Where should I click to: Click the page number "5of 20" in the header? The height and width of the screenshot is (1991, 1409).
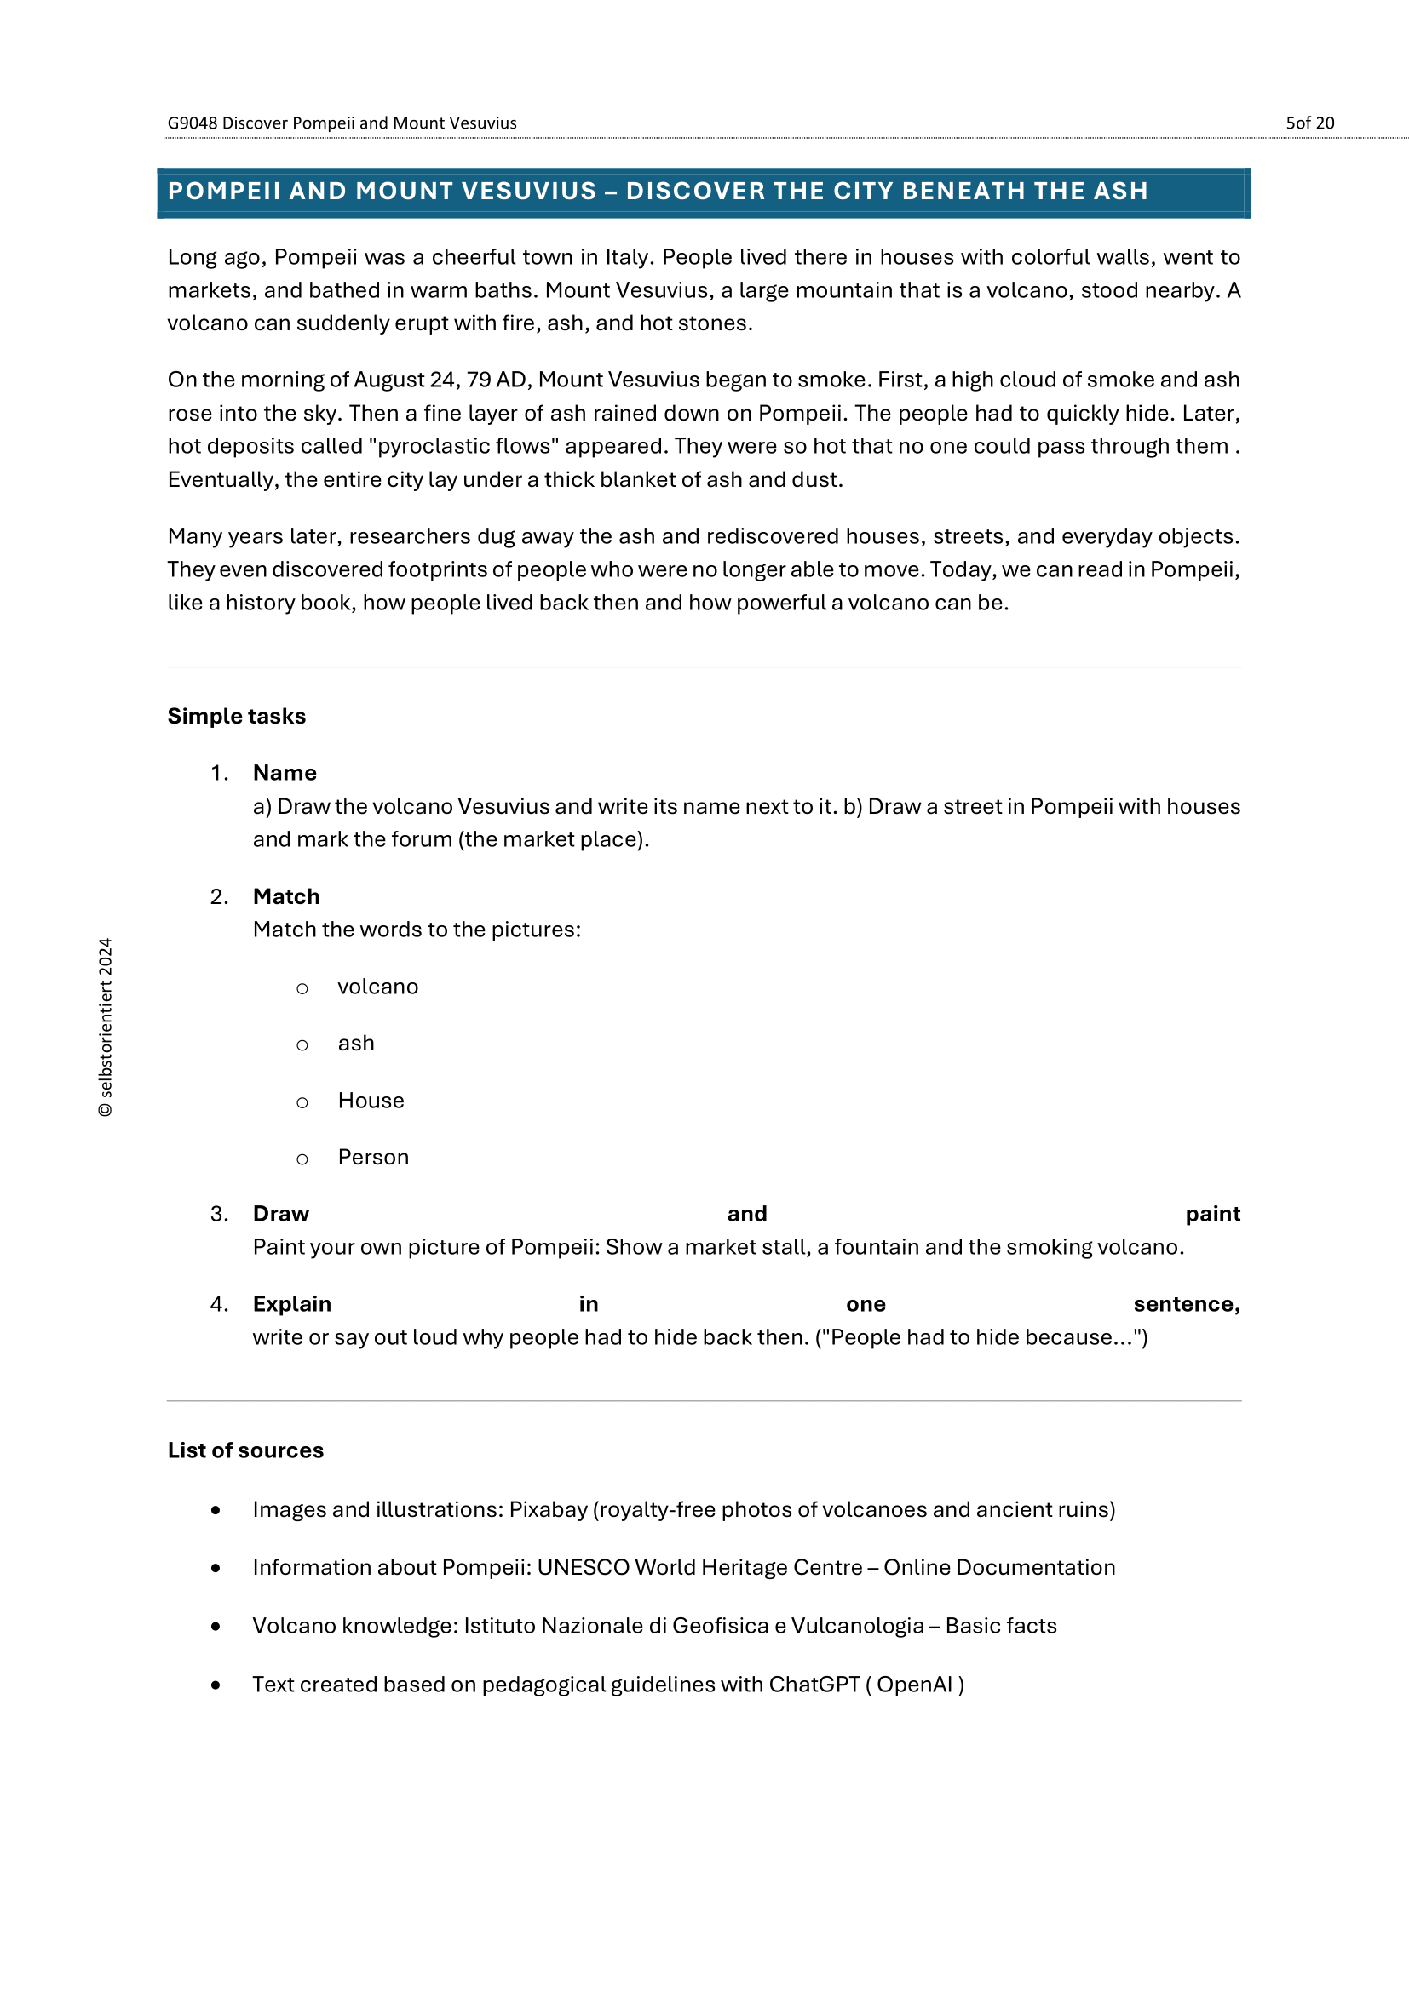coord(1309,123)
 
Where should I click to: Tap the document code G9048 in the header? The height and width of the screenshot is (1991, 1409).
coord(192,123)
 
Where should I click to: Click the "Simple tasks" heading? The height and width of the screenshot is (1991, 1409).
coord(236,716)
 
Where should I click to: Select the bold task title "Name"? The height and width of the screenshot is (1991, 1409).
coord(285,773)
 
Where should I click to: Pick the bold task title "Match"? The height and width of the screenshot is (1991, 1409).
coord(286,896)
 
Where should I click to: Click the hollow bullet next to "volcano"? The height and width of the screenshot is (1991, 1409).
coord(302,988)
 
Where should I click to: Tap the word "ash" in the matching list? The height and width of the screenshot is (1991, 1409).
coord(356,1044)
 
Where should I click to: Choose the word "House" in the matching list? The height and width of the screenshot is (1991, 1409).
coord(371,1101)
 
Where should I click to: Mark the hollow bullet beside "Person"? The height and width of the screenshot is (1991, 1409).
coord(302,1159)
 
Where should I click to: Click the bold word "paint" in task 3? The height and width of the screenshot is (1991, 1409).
coord(1212,1214)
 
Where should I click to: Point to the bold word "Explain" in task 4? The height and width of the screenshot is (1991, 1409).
coord(291,1304)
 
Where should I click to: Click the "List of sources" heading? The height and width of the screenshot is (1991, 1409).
coord(245,1450)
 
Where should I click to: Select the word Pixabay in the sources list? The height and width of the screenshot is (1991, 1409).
coord(548,1510)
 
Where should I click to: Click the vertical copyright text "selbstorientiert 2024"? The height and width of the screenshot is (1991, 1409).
coord(106,1027)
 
